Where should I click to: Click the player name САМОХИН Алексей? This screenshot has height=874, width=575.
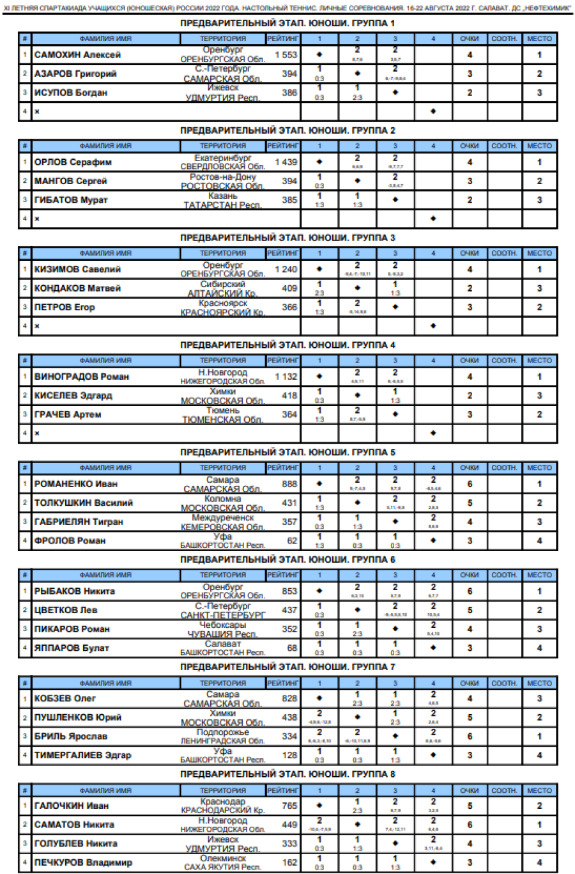click(77, 55)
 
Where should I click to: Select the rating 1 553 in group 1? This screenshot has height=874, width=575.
click(286, 55)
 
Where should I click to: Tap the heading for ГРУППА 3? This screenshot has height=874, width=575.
click(287, 238)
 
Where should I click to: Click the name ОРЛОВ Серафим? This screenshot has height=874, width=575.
click(73, 162)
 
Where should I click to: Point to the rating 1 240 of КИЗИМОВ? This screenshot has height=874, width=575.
click(286, 269)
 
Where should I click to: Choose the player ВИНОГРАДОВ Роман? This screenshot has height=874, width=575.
click(82, 377)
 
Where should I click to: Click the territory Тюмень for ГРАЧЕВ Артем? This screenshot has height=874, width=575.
click(223, 410)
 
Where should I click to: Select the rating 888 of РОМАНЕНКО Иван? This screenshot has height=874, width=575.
click(289, 484)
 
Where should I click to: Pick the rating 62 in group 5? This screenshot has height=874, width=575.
click(292, 541)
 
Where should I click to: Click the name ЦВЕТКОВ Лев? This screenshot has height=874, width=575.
click(66, 610)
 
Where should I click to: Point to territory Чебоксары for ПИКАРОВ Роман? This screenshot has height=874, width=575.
click(223, 625)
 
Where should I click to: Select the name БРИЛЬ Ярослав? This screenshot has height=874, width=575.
click(71, 737)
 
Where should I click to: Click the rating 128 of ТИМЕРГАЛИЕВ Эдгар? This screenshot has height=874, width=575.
click(289, 755)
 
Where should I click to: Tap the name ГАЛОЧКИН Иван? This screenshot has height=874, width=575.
click(72, 806)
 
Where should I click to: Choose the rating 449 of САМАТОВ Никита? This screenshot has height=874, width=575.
click(289, 825)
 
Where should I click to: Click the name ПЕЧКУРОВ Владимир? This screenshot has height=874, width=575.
click(83, 862)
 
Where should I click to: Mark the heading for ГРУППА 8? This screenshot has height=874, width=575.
click(287, 774)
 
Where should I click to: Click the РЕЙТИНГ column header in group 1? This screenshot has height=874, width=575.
click(283, 38)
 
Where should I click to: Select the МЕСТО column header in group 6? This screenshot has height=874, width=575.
click(539, 575)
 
